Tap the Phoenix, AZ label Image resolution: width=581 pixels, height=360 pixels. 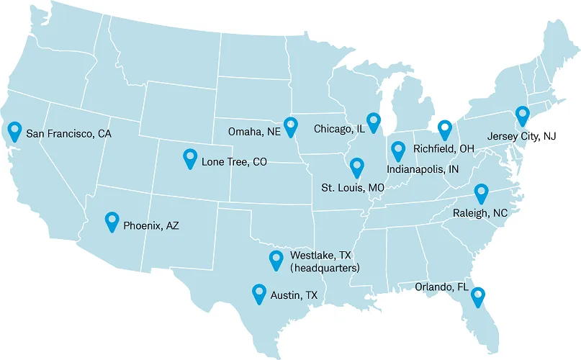150,225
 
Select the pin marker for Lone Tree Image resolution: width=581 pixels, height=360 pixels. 190,157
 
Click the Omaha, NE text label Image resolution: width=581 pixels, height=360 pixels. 253,132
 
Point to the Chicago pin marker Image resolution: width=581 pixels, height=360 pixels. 373,122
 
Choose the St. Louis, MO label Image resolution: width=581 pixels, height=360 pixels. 352,187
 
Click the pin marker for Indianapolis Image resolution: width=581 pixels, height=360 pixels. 398,150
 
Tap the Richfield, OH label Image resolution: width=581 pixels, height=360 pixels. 443,149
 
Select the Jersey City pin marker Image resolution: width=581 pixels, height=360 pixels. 522,115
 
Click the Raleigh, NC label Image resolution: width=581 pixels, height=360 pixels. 480,213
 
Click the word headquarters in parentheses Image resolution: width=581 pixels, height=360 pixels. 324,268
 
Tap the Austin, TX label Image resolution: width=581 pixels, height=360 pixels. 293,295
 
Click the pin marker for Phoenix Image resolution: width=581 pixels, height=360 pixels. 112,220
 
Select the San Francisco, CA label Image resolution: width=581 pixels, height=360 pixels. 68,134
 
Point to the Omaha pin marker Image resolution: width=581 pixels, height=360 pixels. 290,126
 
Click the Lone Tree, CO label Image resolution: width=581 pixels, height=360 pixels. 234,162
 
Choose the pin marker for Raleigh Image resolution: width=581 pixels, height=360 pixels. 480,193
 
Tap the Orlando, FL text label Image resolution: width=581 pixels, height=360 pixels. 441,287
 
